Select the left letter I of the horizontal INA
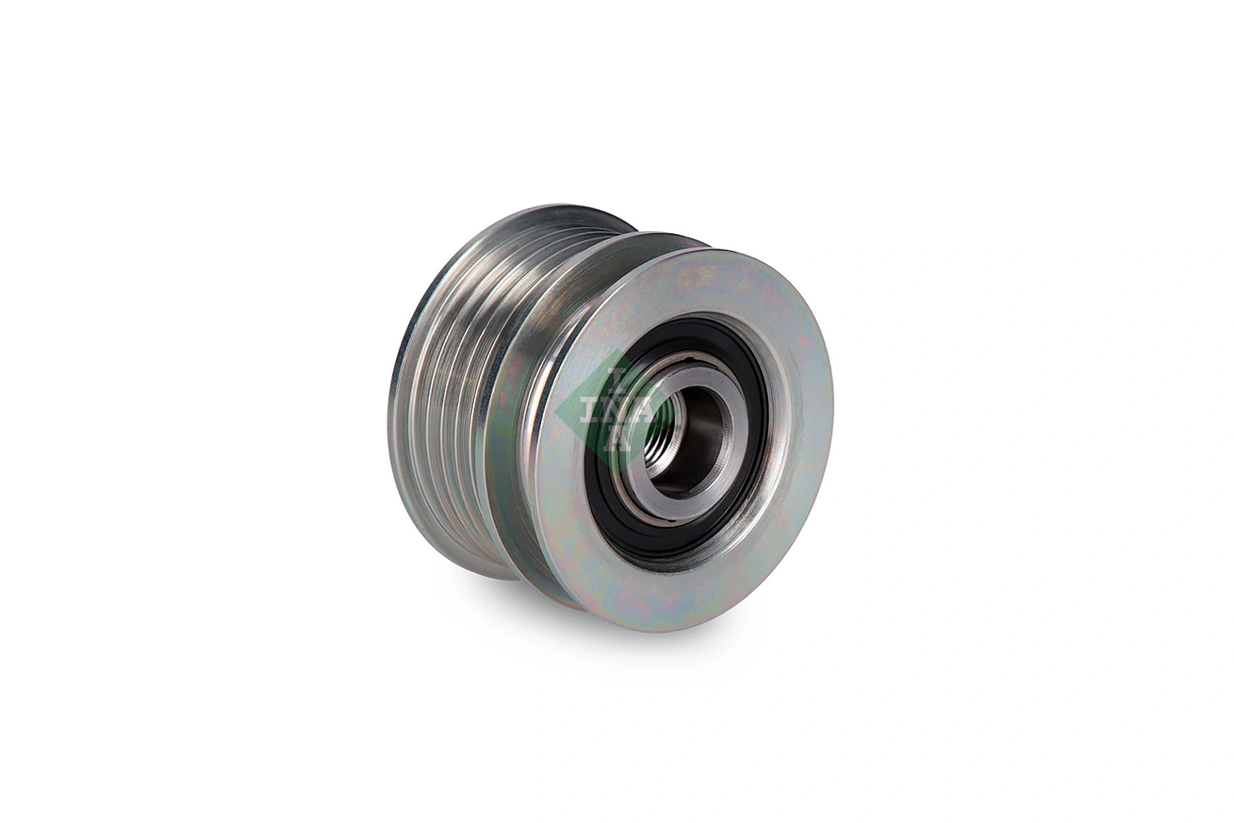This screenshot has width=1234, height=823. point(588,409)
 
